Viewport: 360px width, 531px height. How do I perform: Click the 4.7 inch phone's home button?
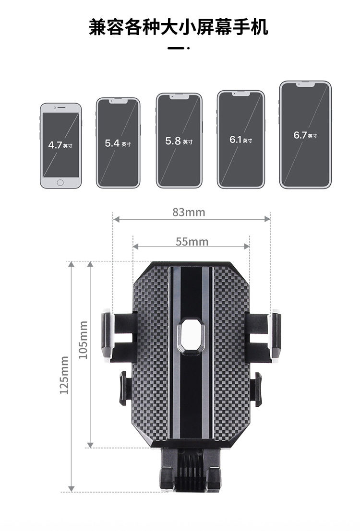(60, 183)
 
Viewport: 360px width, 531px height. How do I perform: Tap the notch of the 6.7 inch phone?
(305, 84)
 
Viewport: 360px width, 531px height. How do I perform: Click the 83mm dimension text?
(189, 212)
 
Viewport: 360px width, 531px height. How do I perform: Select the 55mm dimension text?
(192, 242)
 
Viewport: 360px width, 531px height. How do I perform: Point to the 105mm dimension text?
(83, 340)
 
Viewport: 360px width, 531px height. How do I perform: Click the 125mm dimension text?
(64, 375)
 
